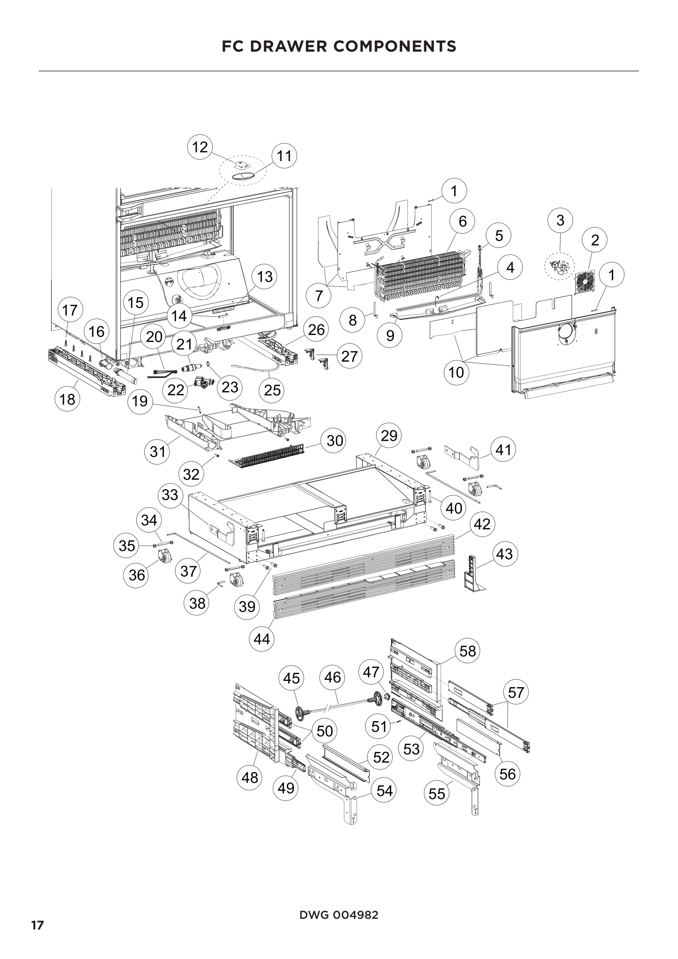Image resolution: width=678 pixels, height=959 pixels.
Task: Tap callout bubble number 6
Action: [x=462, y=221]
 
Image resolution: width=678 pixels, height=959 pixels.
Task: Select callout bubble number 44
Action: [x=262, y=639]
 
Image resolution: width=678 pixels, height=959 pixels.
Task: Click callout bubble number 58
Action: [x=468, y=651]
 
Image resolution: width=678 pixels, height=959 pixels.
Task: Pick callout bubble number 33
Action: [x=170, y=495]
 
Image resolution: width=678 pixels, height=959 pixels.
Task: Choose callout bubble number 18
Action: [x=67, y=399]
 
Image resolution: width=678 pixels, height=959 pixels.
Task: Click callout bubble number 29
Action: [x=389, y=436]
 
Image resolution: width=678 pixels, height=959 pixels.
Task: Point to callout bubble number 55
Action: [x=437, y=794]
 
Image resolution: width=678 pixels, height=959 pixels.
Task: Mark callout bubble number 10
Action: [x=456, y=372]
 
